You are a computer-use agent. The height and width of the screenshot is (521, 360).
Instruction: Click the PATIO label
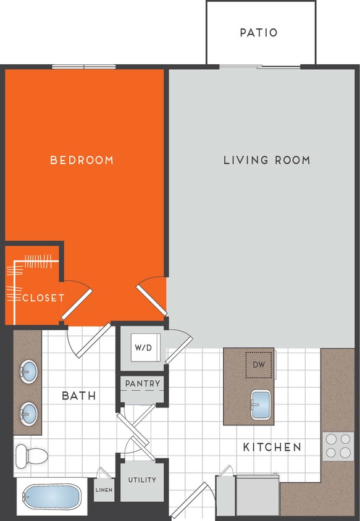pos(259,33)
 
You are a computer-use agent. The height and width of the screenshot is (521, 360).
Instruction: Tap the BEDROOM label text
pos(82,160)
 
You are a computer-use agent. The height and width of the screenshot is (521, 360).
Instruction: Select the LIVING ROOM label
pos(267,160)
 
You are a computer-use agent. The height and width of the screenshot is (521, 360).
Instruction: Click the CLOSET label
pos(43,298)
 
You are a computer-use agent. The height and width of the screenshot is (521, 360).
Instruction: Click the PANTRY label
pos(143,384)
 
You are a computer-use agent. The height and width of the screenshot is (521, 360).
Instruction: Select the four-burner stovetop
pos(338,446)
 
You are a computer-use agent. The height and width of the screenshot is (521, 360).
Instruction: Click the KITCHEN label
pos(272,447)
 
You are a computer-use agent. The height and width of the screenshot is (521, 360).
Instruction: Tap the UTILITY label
pos(142,480)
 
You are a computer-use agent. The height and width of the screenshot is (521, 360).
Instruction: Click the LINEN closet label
pos(104,490)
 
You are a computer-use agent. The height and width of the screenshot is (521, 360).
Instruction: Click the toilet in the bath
pos(32,455)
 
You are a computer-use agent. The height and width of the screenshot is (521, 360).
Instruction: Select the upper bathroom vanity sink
pos(28,372)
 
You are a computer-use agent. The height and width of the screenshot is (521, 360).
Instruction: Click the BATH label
pos(79,396)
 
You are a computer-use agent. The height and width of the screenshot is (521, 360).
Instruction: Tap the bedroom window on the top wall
pos(84,67)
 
